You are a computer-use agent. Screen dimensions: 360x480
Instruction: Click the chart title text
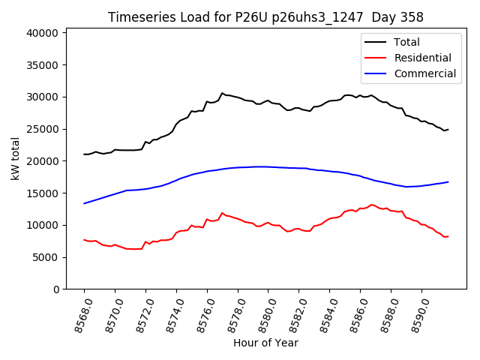coord(265,17)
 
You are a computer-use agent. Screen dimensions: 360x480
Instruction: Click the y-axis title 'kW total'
coord(16,159)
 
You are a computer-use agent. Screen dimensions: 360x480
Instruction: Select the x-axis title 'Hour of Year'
coord(265,343)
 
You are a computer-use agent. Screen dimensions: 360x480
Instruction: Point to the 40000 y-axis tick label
coord(42,33)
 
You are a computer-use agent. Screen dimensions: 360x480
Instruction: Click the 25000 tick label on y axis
coord(42,129)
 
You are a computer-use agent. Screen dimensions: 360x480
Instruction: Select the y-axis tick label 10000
coord(42,225)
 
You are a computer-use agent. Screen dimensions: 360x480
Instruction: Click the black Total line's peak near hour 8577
coord(222,93)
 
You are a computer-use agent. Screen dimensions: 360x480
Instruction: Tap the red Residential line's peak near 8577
coord(222,213)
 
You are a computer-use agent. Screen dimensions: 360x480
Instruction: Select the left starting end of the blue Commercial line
coord(84,203)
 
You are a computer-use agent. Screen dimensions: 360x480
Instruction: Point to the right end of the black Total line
coord(448,130)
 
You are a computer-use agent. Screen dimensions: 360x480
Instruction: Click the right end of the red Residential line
coord(448,236)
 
